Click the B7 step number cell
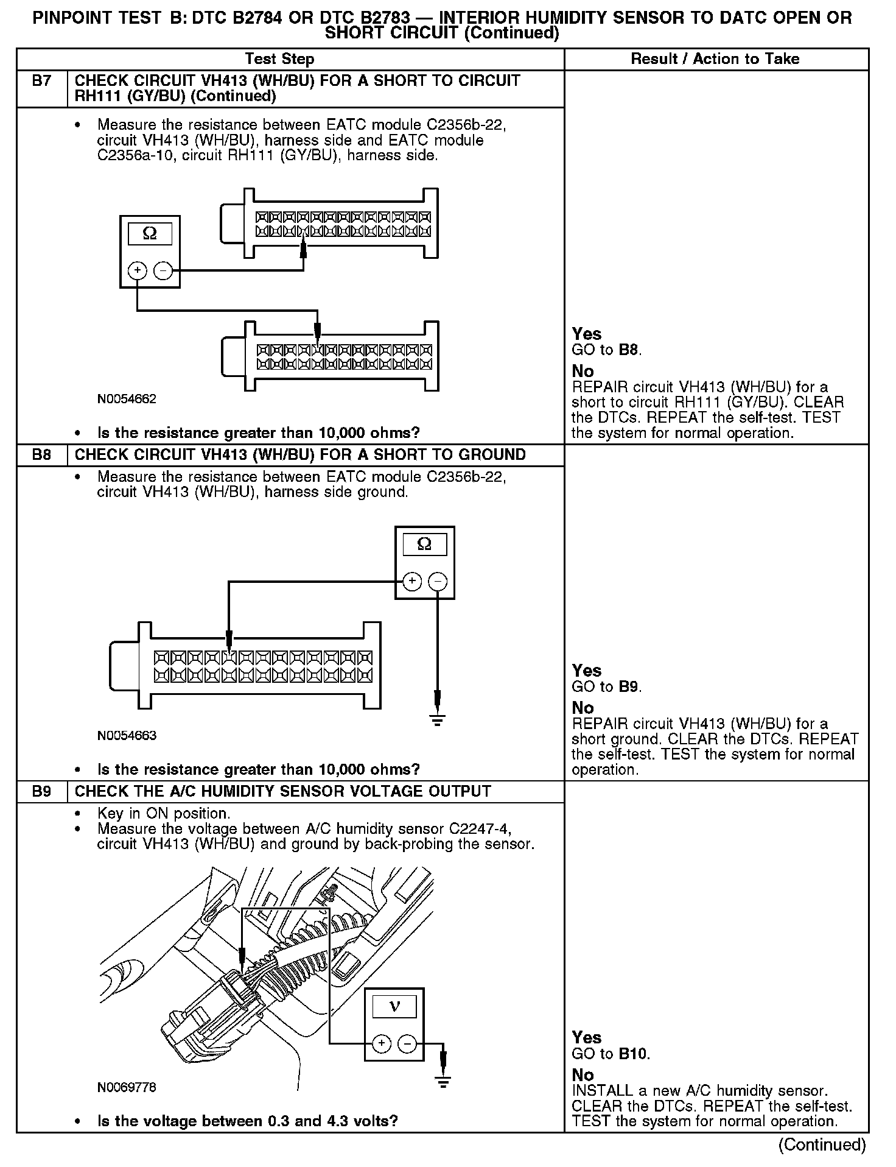click(x=41, y=81)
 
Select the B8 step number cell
click(x=41, y=455)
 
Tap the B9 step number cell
click(x=41, y=792)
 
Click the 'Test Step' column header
click(x=279, y=59)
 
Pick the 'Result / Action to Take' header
click(x=715, y=59)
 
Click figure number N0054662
click(x=127, y=400)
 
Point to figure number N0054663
click(x=127, y=736)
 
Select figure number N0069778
click(x=127, y=1088)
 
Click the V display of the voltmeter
click(x=394, y=1007)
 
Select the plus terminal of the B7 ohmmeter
click(x=138, y=270)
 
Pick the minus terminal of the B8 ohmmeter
click(x=438, y=582)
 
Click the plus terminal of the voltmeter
click(x=381, y=1044)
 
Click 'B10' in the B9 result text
click(x=634, y=1054)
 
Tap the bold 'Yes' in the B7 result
click(x=587, y=334)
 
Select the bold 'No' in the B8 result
click(x=583, y=708)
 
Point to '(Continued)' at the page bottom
click(x=822, y=1144)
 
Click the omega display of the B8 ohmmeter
click(x=424, y=544)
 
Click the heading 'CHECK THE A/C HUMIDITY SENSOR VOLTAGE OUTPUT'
click(x=282, y=792)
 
